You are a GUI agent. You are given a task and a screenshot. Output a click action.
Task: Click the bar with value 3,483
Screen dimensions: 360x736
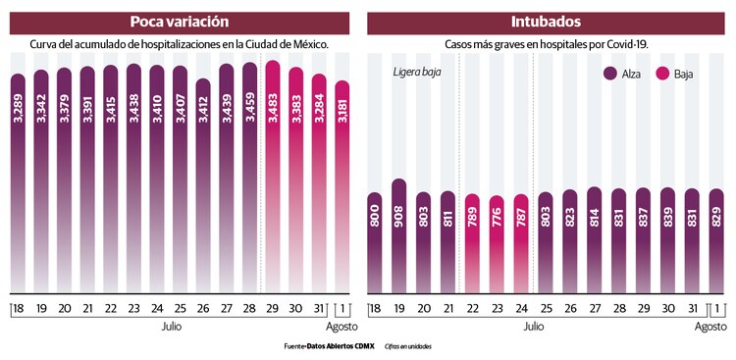tap(273, 177)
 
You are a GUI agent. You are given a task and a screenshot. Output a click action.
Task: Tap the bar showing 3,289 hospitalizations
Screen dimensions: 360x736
tap(18, 181)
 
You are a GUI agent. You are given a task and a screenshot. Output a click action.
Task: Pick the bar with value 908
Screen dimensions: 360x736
tap(399, 235)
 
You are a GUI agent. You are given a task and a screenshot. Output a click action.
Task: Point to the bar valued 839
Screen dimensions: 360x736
tap(666, 239)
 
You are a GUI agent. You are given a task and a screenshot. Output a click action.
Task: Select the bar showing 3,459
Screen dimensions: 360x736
tap(249, 177)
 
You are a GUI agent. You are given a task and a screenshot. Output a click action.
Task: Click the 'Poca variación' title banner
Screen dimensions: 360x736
tap(180, 22)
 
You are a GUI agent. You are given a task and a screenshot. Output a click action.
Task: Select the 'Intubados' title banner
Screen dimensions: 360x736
tap(545, 22)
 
